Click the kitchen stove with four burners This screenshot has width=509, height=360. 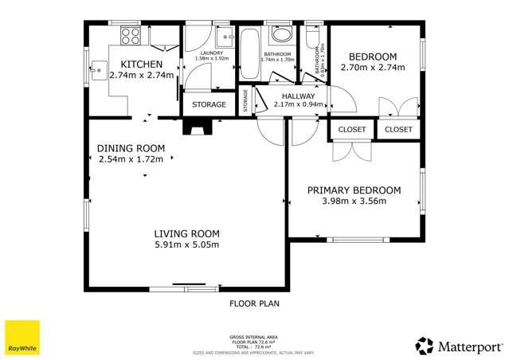130,37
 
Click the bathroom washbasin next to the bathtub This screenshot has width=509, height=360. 281,35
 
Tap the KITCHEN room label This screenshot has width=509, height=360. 142,64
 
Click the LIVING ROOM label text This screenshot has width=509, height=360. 186,233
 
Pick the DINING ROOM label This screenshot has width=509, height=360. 131,148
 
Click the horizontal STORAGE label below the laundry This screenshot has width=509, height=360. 209,104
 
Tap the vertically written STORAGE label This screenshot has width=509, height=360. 245,102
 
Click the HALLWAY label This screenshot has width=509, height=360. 300,96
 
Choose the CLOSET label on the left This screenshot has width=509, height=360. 351,129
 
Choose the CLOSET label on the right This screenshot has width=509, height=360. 398,129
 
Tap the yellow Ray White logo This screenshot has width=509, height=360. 22,337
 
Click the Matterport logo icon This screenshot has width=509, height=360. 424,345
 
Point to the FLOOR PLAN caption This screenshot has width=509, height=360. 254,303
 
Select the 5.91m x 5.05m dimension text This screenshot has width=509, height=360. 186,245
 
